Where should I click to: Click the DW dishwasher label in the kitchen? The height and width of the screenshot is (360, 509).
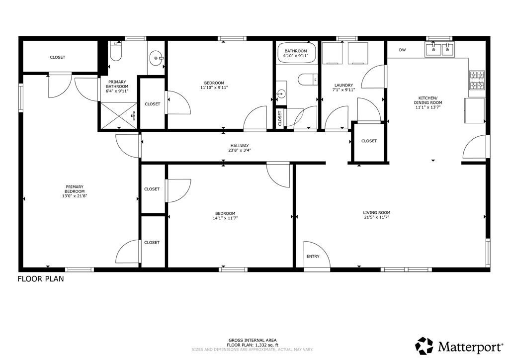click(402, 50)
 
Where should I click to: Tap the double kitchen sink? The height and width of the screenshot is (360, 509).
click(439, 49)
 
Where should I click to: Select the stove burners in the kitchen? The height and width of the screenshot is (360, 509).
click(477, 81)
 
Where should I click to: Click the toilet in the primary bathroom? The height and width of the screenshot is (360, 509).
click(116, 51)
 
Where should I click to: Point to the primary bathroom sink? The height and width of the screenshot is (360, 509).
click(158, 58)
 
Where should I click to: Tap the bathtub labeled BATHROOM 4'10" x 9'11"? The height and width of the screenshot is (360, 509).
click(296, 53)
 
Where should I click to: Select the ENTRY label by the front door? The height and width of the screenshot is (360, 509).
click(313, 257)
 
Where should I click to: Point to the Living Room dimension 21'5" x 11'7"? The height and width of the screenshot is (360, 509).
click(377, 218)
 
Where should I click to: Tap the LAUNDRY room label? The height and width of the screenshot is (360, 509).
click(343, 85)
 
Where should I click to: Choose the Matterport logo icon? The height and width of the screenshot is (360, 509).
click(424, 345)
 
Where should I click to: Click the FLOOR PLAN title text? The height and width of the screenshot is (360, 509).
click(41, 279)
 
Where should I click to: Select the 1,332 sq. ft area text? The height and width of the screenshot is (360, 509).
click(253, 345)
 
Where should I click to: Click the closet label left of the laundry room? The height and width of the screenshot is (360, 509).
click(280, 118)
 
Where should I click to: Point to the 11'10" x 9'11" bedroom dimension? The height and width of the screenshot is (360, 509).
click(214, 88)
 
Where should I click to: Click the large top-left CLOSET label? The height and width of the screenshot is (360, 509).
click(57, 57)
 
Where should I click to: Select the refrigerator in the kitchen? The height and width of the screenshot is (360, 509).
click(474, 110)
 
